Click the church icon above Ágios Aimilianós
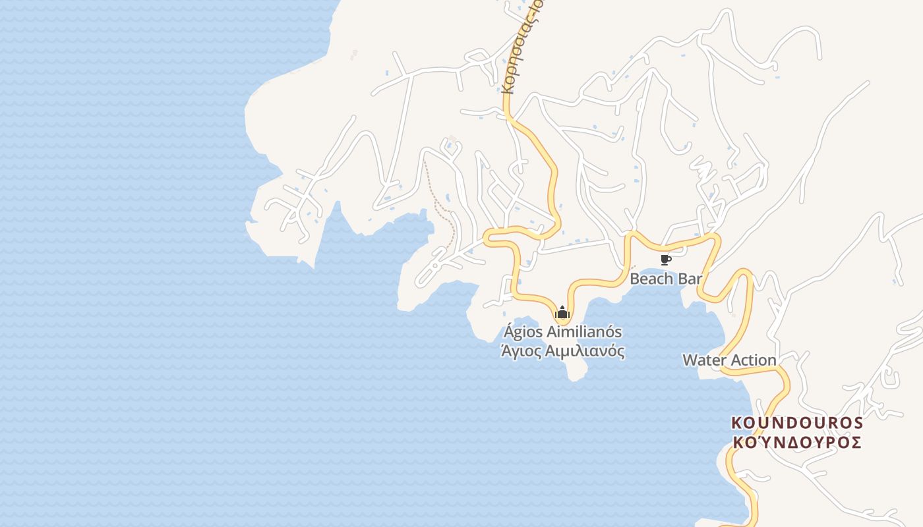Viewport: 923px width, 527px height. pyautogui.click(x=562, y=312)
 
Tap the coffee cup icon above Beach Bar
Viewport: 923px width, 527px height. pyautogui.click(x=665, y=260)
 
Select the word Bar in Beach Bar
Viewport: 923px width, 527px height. pyautogui.click(x=690, y=279)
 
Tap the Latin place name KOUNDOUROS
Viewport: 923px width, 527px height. pyautogui.click(x=797, y=422)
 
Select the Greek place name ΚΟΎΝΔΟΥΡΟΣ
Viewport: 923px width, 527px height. pyautogui.click(x=797, y=442)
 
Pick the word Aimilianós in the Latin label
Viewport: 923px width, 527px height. pyautogui.click(x=581, y=332)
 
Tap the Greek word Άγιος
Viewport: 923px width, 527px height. pyautogui.click(x=520, y=351)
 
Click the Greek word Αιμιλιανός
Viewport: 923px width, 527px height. pyautogui.click(x=585, y=351)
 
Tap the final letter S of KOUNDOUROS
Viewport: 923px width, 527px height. pyautogui.click(x=857, y=422)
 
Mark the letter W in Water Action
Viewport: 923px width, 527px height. pyautogui.click(x=689, y=360)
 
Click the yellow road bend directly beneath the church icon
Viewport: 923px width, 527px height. pyautogui.click(x=562, y=321)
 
